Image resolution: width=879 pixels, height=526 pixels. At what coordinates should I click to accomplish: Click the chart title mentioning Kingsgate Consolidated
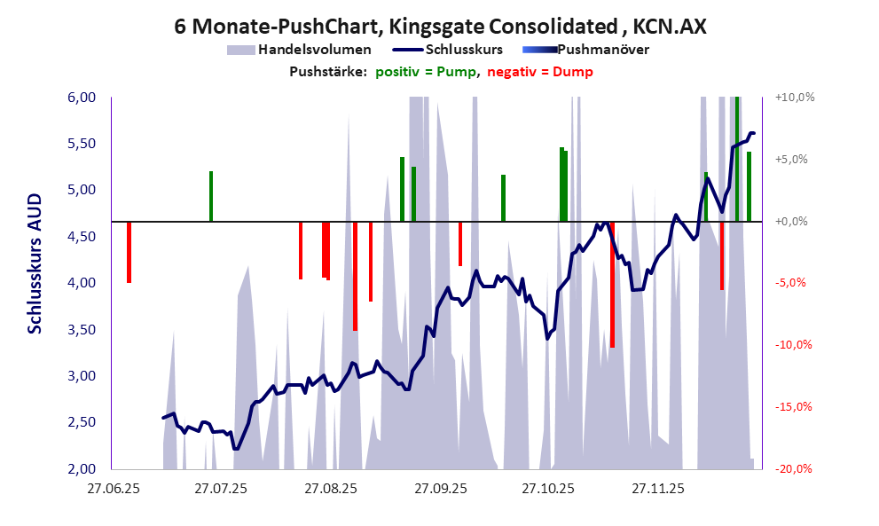(440, 27)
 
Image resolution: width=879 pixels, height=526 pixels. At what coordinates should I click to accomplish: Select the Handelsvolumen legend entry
(302, 50)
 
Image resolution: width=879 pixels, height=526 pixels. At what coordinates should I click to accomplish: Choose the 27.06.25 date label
(112, 489)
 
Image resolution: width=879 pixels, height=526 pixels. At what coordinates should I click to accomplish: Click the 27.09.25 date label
(439, 489)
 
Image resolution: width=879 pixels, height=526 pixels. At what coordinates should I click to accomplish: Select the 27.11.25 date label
(657, 489)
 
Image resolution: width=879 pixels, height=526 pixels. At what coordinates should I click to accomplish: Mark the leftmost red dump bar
(129, 252)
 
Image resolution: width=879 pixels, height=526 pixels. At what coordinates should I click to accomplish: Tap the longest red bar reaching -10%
(612, 284)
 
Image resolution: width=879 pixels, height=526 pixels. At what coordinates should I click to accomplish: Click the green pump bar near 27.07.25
(211, 196)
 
